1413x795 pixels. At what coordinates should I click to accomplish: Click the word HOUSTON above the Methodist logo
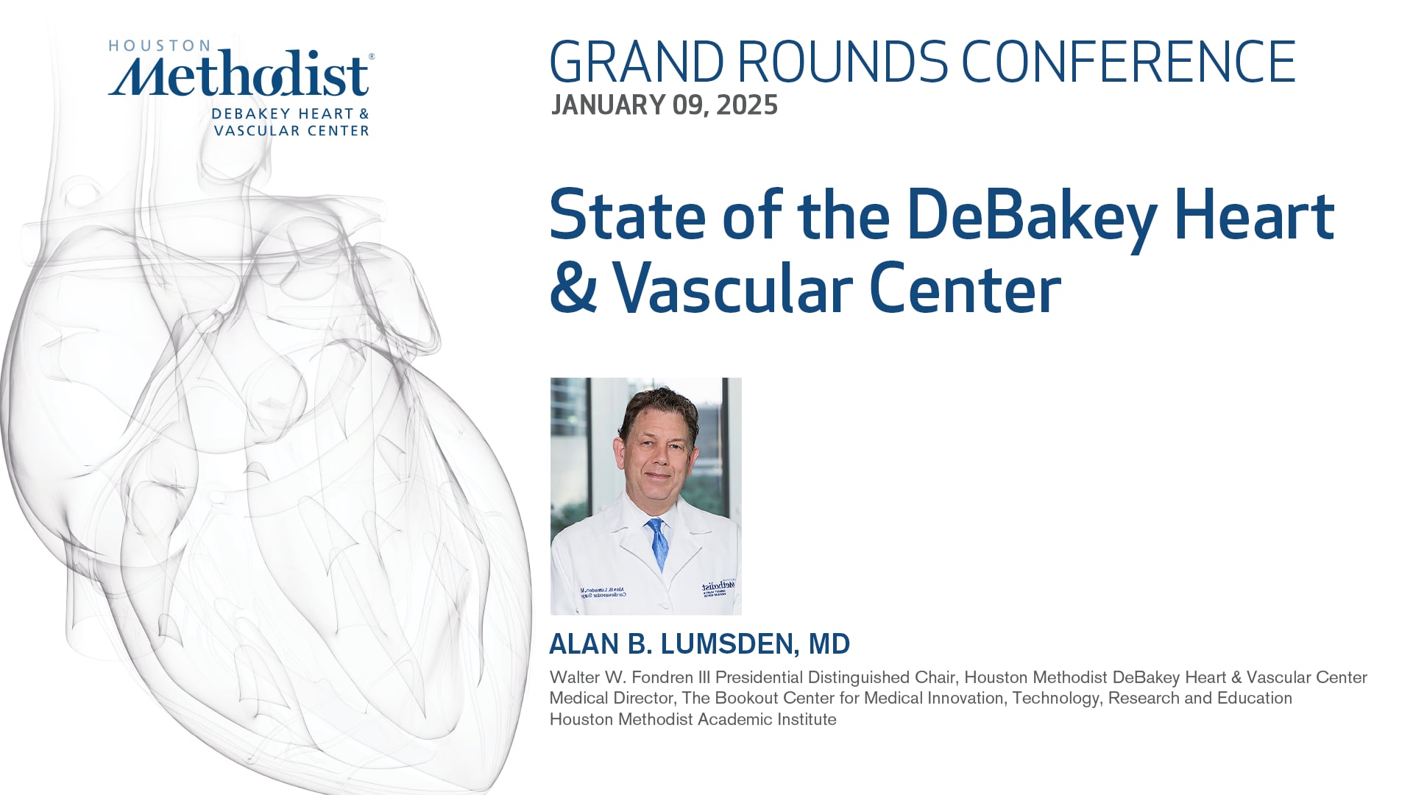tap(149, 46)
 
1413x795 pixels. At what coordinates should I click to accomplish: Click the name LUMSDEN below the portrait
tap(726, 644)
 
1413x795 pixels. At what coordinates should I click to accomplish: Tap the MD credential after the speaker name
tap(829, 644)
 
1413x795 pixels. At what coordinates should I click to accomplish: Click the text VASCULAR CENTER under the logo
tap(291, 130)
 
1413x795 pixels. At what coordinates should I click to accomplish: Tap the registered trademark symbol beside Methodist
tap(371, 56)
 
